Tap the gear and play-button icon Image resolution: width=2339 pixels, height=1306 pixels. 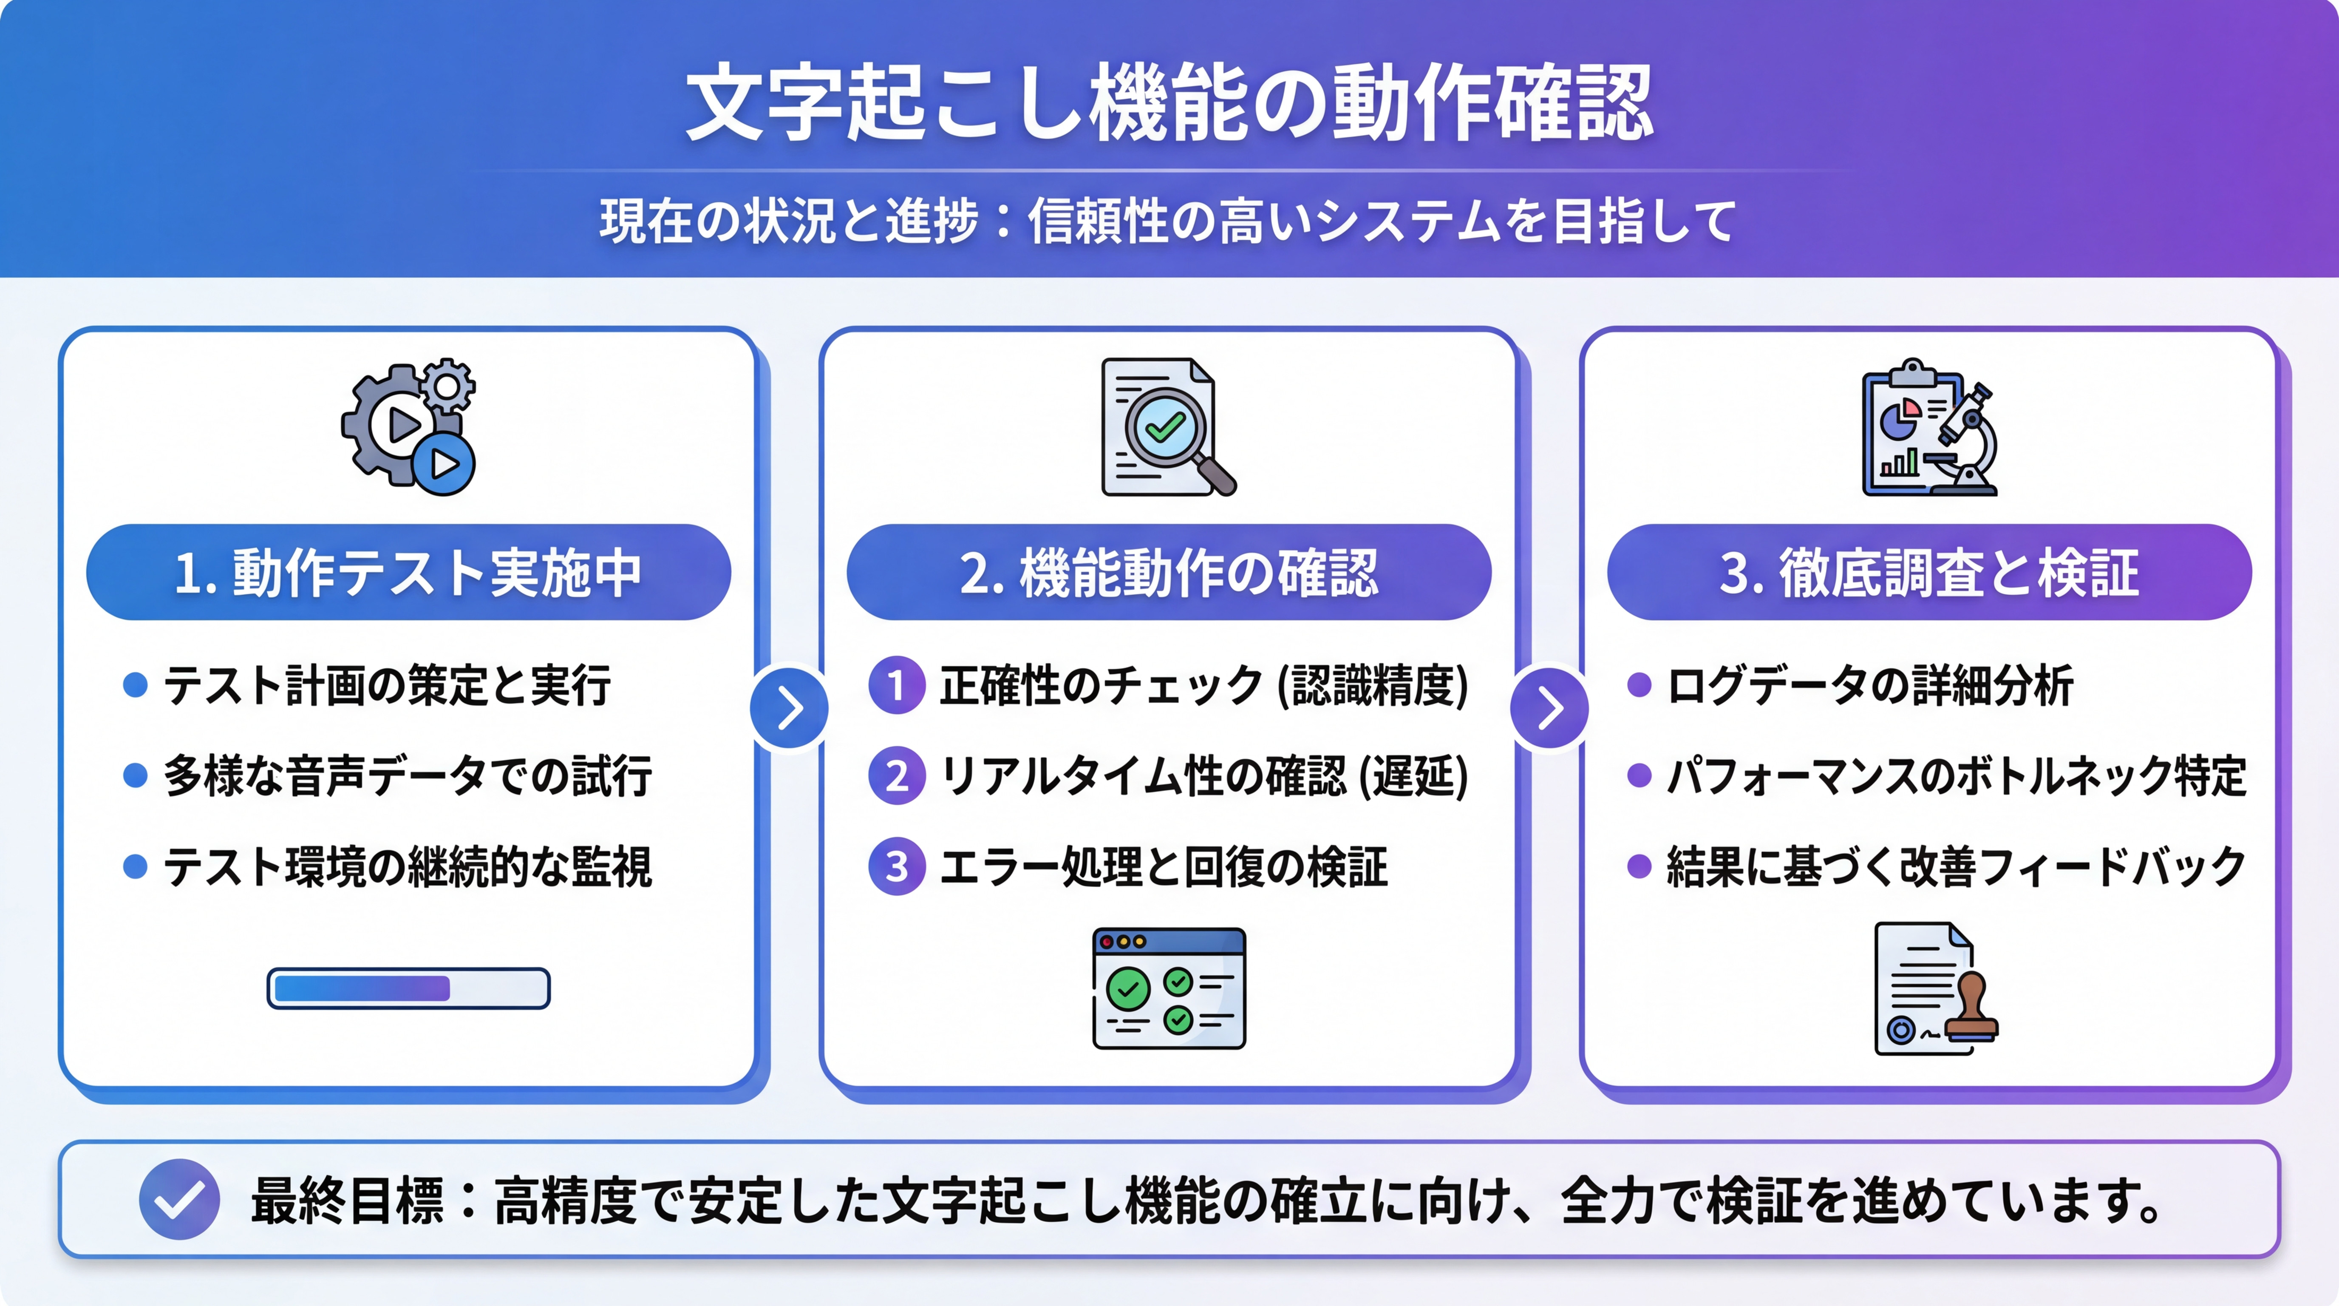coord(408,427)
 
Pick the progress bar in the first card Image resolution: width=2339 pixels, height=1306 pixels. coord(408,988)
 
